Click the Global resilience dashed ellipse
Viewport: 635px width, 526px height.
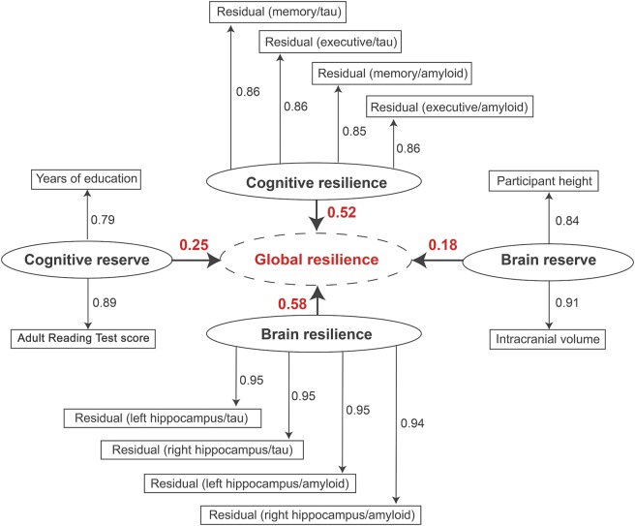(317, 260)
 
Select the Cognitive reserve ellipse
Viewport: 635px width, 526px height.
(87, 260)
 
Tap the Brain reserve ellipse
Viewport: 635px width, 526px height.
(548, 260)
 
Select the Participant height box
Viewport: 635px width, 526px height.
(548, 181)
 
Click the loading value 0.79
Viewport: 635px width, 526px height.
(103, 221)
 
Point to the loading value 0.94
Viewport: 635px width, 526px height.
(414, 422)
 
